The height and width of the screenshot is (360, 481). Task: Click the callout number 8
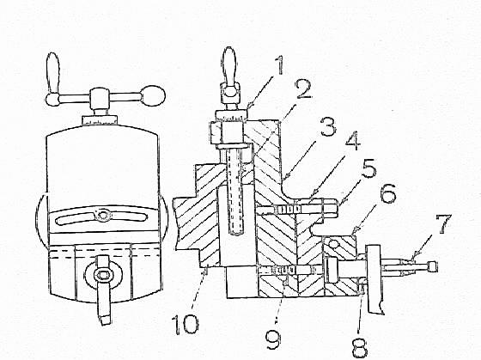tap(360, 348)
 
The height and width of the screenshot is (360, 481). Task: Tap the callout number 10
tap(187, 325)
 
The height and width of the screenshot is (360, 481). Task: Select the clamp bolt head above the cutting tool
tap(101, 277)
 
